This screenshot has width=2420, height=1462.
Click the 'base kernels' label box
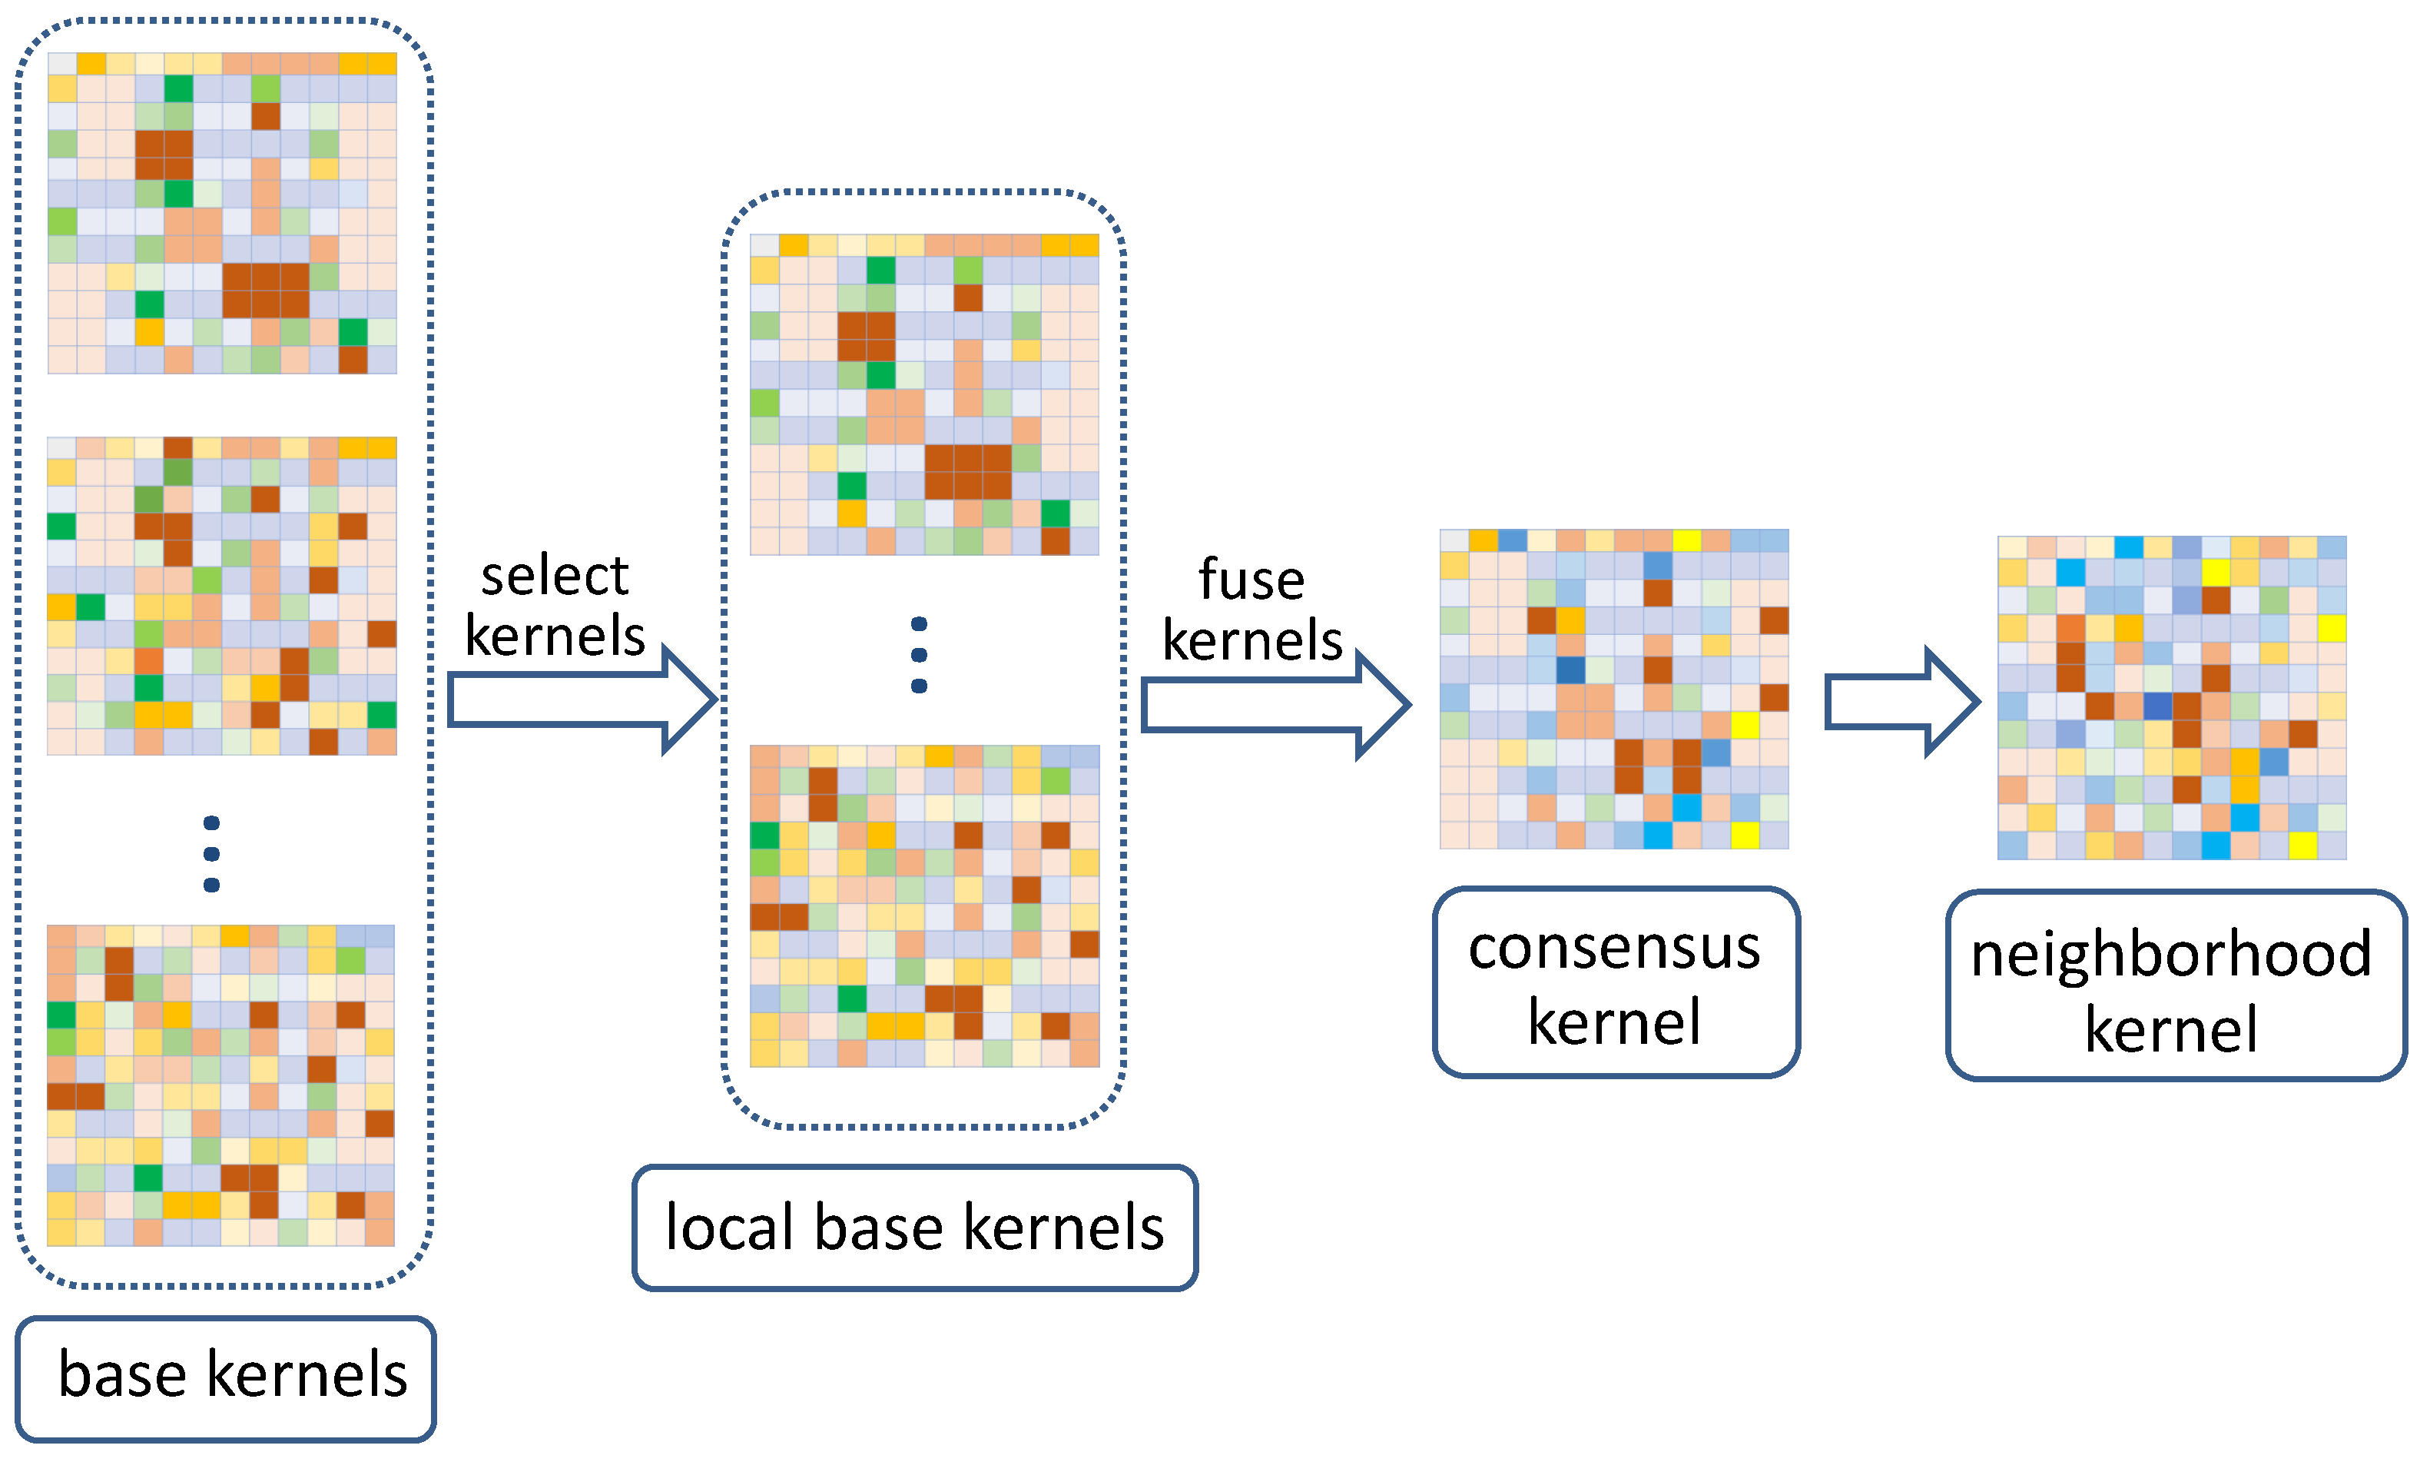(x=226, y=1377)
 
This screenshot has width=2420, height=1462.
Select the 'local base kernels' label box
(x=914, y=1228)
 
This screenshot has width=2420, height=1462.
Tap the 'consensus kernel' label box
(x=1615, y=982)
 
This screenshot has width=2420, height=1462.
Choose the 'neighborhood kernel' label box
(x=2174, y=986)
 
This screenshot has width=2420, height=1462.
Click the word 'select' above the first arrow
(x=554, y=576)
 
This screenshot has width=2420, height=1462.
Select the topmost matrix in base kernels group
(x=222, y=213)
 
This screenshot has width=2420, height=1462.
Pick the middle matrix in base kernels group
(x=222, y=596)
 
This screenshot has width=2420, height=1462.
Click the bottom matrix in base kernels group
(x=221, y=1085)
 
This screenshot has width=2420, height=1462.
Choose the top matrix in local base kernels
(x=924, y=395)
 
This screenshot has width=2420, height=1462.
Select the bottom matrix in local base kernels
(x=924, y=906)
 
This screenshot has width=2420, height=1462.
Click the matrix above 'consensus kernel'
(x=1613, y=689)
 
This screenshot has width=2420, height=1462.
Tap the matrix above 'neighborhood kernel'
(x=2172, y=698)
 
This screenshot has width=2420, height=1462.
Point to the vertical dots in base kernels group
(x=211, y=854)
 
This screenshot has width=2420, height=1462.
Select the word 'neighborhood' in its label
(x=2172, y=954)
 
